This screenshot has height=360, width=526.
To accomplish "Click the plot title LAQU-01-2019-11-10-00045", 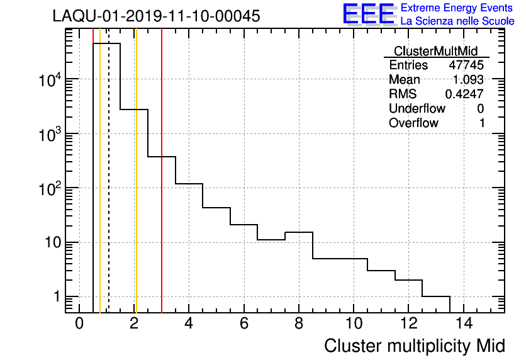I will [156, 16].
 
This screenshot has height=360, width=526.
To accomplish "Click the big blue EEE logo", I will [369, 14].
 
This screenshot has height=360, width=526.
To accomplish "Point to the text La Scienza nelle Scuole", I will [457, 21].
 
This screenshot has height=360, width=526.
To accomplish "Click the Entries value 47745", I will [466, 65].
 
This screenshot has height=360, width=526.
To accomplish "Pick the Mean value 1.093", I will [468, 80].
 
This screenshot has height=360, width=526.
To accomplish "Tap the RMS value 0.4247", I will [464, 94].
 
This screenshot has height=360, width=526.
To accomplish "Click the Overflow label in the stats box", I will [413, 123].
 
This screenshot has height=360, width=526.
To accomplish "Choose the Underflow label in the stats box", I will [417, 109].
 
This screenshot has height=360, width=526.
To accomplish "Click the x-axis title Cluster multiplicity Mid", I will [414, 346].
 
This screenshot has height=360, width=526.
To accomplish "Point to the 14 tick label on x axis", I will [463, 323].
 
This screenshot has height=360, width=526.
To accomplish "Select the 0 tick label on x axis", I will [79, 323].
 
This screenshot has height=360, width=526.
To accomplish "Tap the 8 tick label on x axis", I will [299, 323].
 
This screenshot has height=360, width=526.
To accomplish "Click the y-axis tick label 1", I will [57, 297].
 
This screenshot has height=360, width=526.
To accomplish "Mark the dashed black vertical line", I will [109, 189].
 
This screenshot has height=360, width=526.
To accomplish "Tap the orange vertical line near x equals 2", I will [136, 189].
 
